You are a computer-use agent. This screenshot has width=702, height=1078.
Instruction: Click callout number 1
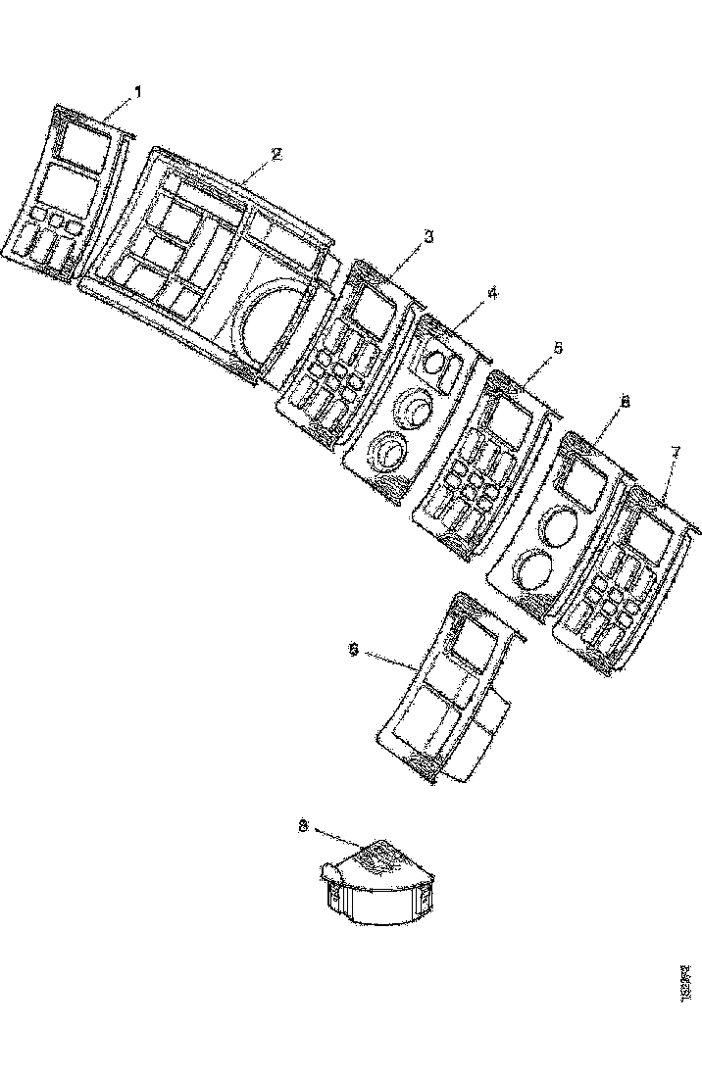pos(137,91)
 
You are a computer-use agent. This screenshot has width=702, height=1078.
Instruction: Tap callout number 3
pos(427,236)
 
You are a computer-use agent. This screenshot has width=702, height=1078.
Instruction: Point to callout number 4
pos(493,292)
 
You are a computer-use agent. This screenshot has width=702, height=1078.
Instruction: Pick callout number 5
pos(557,347)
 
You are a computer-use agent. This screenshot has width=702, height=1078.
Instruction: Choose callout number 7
pos(675,452)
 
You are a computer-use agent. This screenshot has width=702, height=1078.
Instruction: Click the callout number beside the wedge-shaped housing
pos(303,826)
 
